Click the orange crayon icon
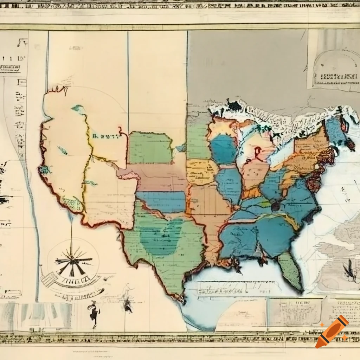point(332,332)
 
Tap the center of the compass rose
point(73,262)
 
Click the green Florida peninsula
point(291,269)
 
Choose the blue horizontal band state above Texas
point(161,202)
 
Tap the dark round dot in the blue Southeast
point(275,206)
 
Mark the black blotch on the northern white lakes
point(233,105)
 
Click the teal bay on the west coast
point(45,170)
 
